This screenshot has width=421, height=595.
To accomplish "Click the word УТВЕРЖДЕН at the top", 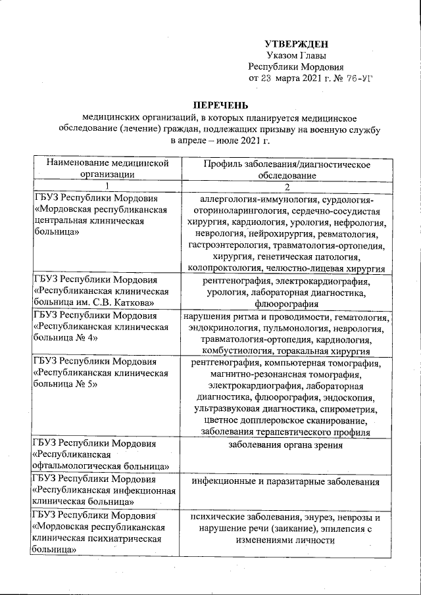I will click(x=296, y=43).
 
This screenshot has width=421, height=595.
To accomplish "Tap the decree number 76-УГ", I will click(x=356, y=78).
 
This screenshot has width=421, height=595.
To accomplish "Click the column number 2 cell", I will click(x=286, y=187).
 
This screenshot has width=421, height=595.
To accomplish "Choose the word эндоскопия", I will click(x=351, y=396).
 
